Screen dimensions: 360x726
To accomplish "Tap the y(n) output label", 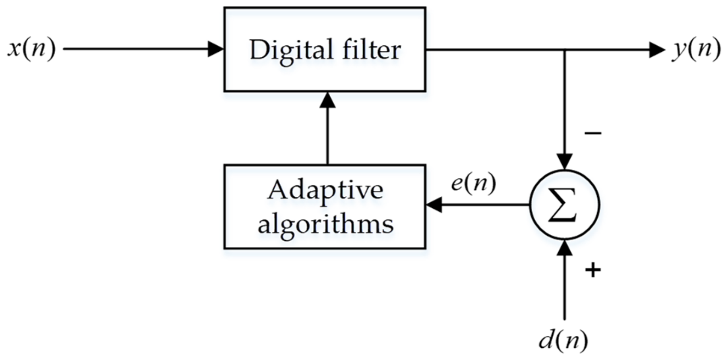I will tap(696, 49).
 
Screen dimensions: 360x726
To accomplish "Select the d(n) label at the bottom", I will tap(563, 340).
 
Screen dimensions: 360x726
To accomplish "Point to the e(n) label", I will tap(473, 184).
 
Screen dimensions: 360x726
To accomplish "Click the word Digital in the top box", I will tap(291, 50).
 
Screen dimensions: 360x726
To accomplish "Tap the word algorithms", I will tap(325, 224).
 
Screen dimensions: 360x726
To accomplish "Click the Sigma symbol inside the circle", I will tap(563, 205).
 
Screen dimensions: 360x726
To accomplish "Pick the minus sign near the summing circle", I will tap(592, 133).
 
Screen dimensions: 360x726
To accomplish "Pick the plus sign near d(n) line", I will tap(592, 270).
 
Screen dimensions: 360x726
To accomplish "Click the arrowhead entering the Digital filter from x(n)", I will tap(216, 49).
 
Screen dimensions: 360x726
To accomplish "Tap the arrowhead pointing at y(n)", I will tap(656, 50).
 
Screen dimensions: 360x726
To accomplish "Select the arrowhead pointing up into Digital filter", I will tap(327, 100).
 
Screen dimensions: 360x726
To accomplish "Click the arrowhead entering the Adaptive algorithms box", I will tap(434, 205).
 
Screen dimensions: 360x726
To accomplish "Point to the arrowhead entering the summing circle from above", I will tap(565, 161).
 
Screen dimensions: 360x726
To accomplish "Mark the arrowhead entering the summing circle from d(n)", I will tap(565, 248).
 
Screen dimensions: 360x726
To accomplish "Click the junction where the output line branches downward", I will tap(565, 50).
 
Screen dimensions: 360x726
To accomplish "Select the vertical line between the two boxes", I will tap(327, 135).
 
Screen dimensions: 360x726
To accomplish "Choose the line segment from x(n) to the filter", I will tap(135, 49).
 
